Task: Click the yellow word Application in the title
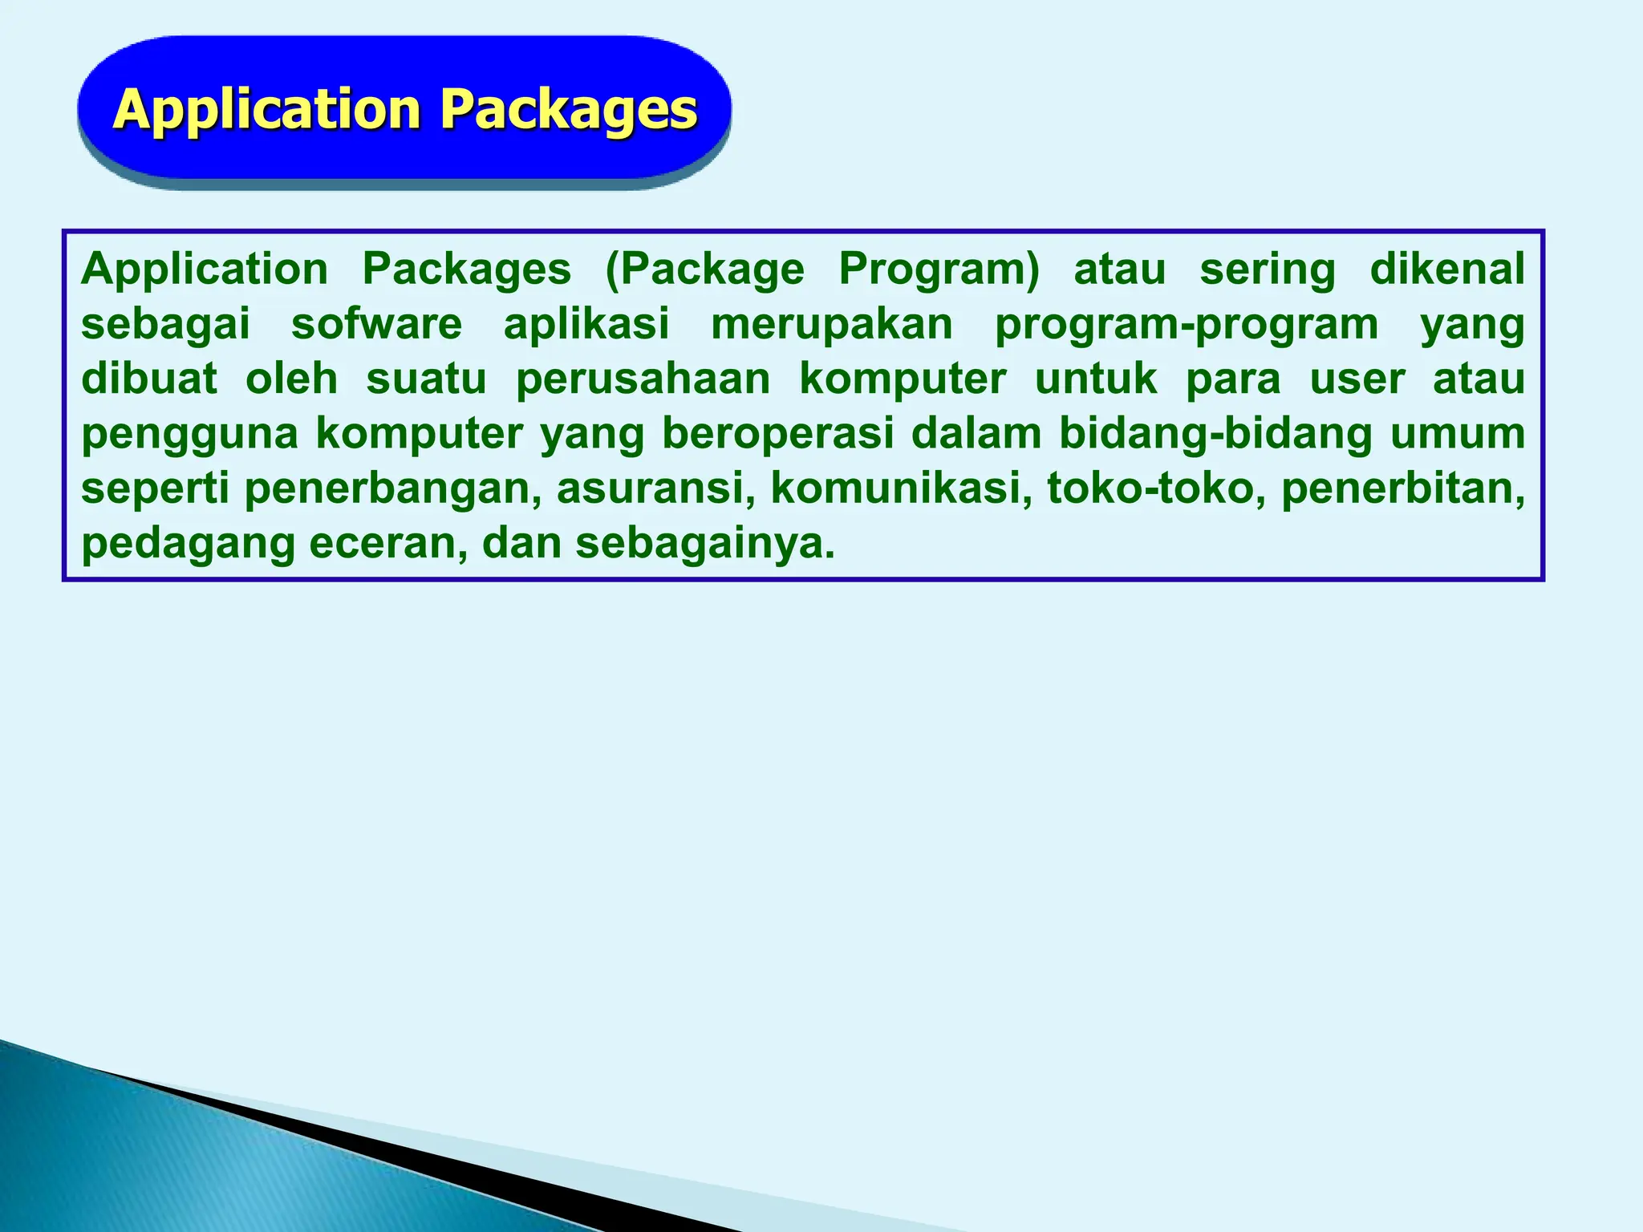point(266,109)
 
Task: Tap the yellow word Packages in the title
point(569,109)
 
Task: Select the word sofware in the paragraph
point(376,324)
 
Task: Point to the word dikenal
point(1446,269)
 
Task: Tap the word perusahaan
point(643,379)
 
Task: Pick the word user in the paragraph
point(1357,379)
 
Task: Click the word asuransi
point(655,489)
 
